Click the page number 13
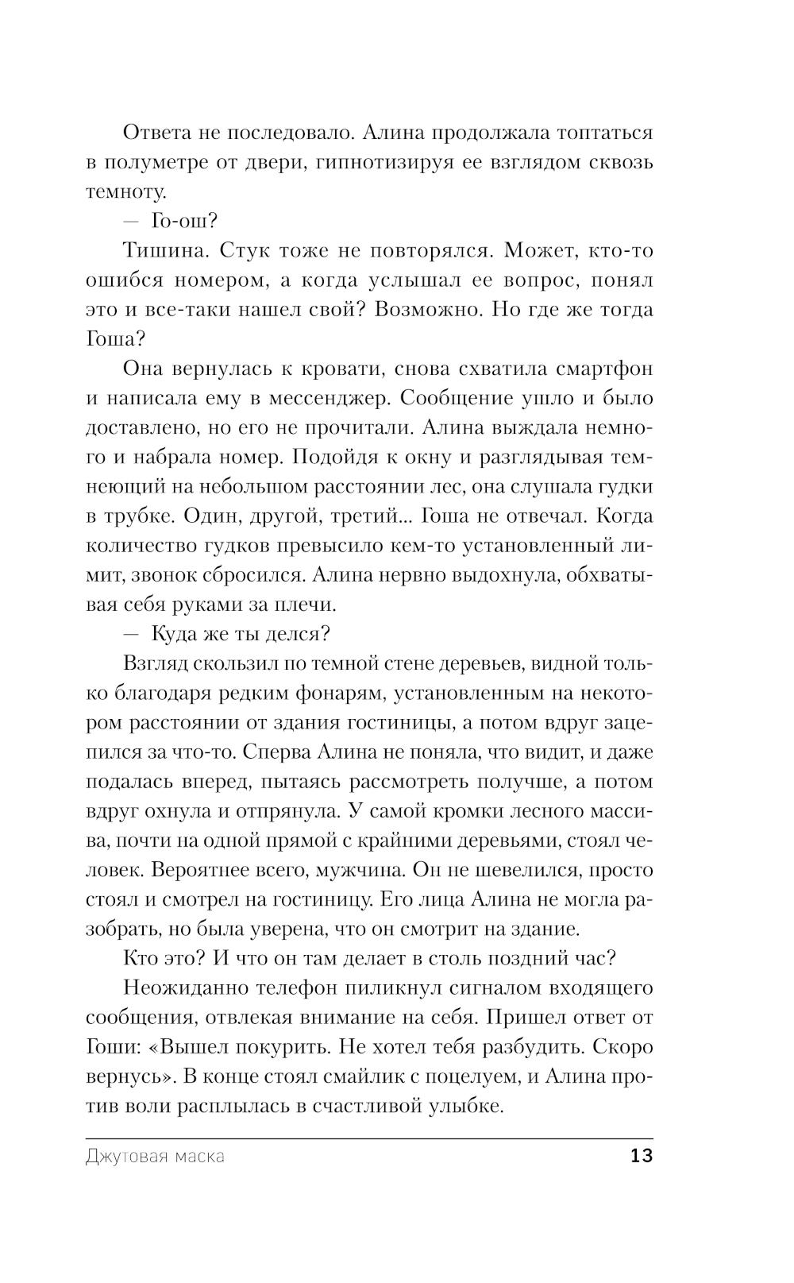pos(641,1156)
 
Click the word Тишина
pos(163,251)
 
